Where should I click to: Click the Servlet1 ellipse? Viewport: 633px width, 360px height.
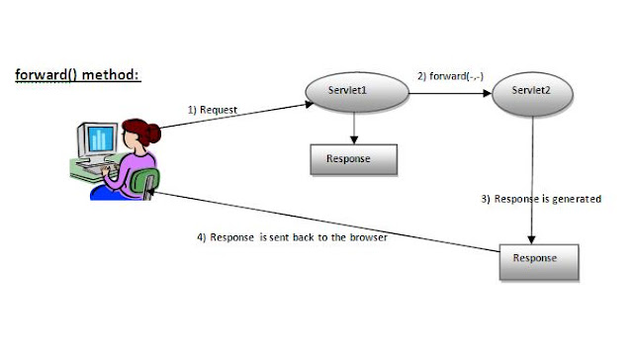click(x=353, y=93)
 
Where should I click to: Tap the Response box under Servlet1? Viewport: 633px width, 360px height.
click(x=353, y=159)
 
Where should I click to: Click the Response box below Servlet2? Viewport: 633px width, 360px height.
click(x=535, y=259)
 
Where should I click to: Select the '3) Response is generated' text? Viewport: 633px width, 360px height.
click(x=541, y=199)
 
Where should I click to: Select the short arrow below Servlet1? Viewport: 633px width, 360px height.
click(x=353, y=124)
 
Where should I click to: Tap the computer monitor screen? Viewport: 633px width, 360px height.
click(x=99, y=138)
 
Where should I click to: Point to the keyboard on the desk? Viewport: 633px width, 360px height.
click(x=96, y=171)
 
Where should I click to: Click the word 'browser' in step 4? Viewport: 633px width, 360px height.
click(x=366, y=237)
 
